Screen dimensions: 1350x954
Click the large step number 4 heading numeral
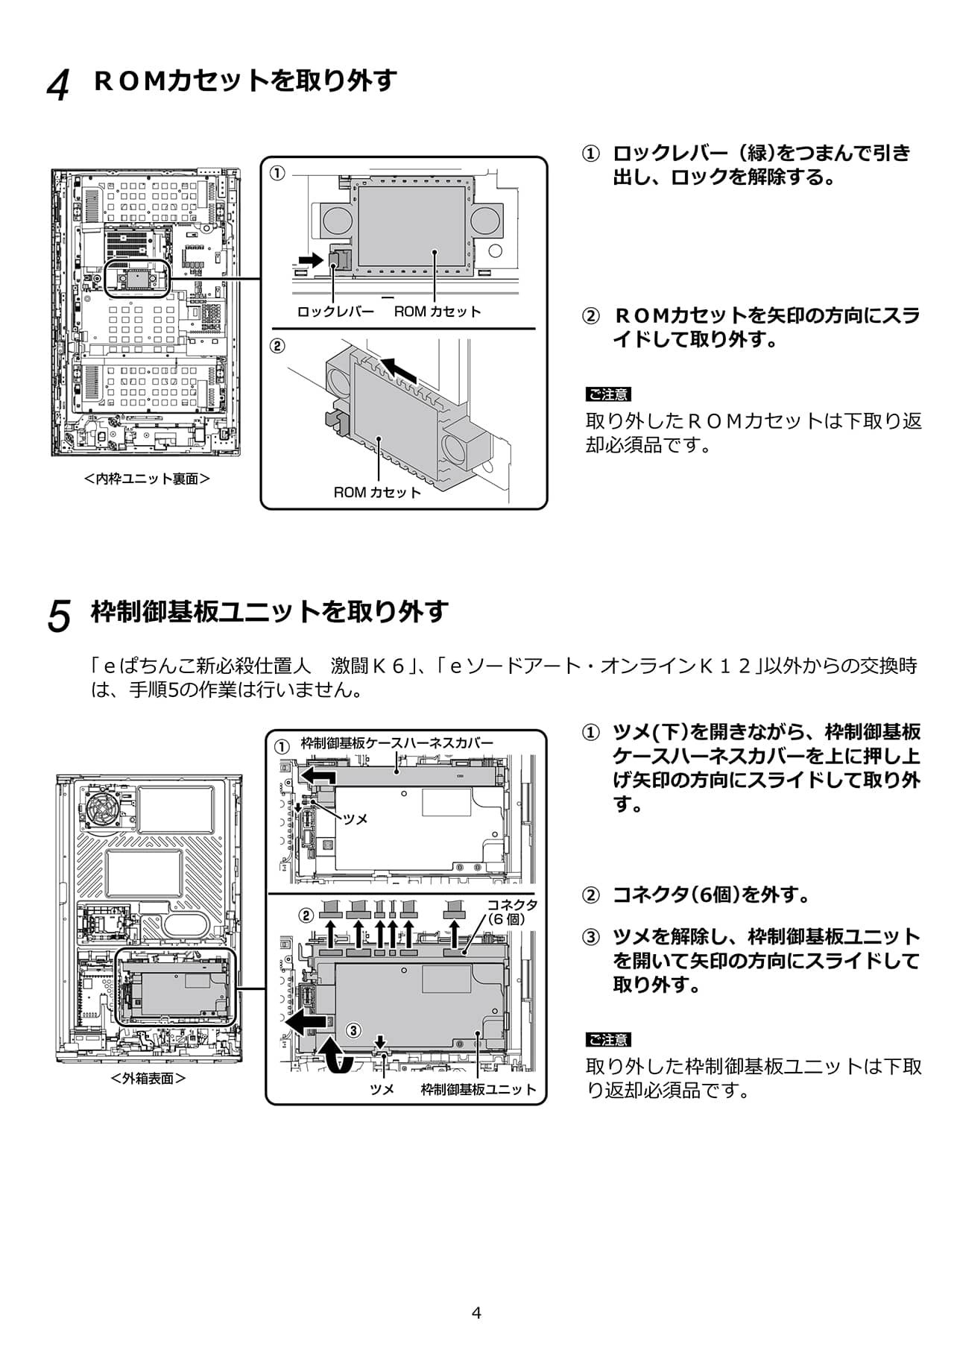(58, 86)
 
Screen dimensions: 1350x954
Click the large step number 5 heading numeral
(59, 616)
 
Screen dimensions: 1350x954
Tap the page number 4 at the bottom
(477, 1313)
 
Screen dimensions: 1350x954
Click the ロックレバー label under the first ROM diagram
(335, 312)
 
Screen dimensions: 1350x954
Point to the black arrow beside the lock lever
(306, 259)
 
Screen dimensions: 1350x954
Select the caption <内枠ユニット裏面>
(147, 479)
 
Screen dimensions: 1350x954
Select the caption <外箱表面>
(148, 1078)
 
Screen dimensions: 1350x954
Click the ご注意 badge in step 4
(607, 394)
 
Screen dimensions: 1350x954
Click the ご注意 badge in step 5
(607, 1040)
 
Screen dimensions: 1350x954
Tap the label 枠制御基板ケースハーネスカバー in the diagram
(397, 743)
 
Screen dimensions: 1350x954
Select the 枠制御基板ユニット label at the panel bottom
(478, 1089)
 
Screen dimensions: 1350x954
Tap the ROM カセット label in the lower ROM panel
(377, 492)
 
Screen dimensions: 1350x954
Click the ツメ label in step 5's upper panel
(356, 819)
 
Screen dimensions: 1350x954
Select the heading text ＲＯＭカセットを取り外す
(245, 81)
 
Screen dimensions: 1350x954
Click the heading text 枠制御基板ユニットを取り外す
(269, 611)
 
